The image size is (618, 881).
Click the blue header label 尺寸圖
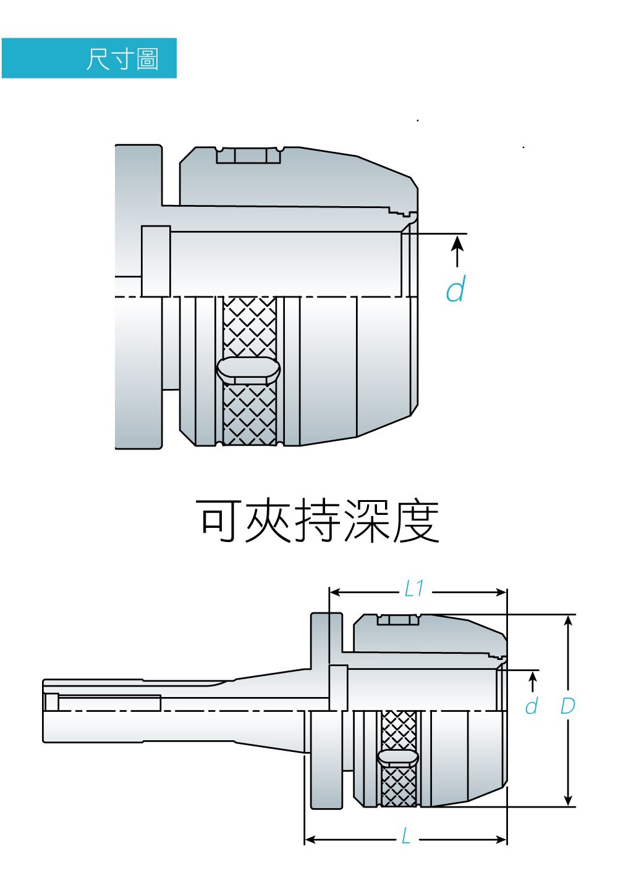(122, 59)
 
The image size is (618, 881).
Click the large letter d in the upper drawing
(455, 289)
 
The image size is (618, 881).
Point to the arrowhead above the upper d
(457, 243)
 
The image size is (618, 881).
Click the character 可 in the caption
(219, 522)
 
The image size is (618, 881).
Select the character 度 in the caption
(417, 522)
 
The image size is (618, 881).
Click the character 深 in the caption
(368, 522)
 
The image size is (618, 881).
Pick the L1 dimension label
(414, 589)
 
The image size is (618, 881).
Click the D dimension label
(567, 706)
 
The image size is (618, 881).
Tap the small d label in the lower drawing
(531, 706)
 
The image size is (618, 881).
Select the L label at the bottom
(405, 837)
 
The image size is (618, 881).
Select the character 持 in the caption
(318, 522)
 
